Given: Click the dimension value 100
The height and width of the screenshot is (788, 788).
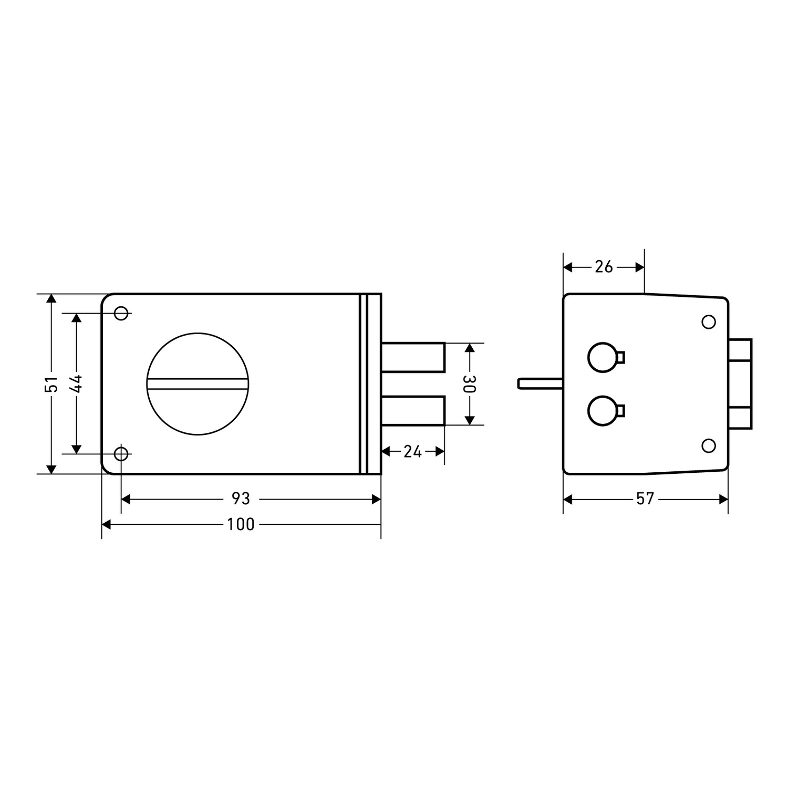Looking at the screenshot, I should click(x=241, y=524).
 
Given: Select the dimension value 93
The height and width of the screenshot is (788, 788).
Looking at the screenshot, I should click(x=241, y=499).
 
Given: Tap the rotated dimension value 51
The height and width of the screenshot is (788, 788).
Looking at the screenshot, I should click(x=51, y=383).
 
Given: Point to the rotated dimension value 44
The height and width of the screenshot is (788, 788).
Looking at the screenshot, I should click(x=76, y=383).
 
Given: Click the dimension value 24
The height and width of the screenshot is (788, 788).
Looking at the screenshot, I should click(x=412, y=451).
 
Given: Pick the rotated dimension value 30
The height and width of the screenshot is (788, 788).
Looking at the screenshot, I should click(x=470, y=383).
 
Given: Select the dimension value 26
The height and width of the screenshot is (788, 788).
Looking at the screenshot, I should click(x=604, y=267).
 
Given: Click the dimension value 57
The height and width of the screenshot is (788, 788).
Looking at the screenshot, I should click(x=645, y=499).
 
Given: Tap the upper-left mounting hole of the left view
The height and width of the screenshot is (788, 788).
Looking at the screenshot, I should click(x=121, y=313).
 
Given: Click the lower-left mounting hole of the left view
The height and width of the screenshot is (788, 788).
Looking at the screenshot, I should click(x=121, y=453).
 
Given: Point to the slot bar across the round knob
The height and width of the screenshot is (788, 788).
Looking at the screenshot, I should click(x=198, y=384).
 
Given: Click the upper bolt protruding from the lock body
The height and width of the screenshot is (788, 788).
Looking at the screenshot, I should click(x=413, y=357).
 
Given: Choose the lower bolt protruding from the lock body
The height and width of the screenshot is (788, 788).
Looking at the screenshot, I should click(x=413, y=410).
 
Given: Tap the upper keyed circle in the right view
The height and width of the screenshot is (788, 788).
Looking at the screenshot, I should click(x=603, y=358).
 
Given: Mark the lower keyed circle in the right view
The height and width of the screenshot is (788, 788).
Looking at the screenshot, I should click(x=603, y=410).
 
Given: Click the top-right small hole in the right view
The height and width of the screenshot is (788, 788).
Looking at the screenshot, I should click(x=709, y=322).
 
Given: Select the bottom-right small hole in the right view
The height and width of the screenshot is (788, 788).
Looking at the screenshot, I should click(x=709, y=446).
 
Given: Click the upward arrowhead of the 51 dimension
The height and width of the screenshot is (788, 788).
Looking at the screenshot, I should click(x=51, y=299).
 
